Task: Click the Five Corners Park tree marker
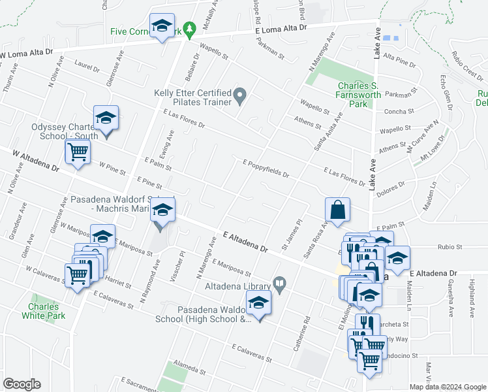(189, 29)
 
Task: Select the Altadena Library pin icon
(280, 284)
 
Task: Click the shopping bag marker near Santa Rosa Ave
(337, 210)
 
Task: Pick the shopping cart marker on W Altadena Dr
(78, 152)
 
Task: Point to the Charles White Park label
(43, 311)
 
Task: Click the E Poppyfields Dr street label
(266, 169)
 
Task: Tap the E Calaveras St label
(249, 353)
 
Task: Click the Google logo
(22, 384)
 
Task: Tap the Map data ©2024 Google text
(447, 387)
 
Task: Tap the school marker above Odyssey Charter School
(106, 119)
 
